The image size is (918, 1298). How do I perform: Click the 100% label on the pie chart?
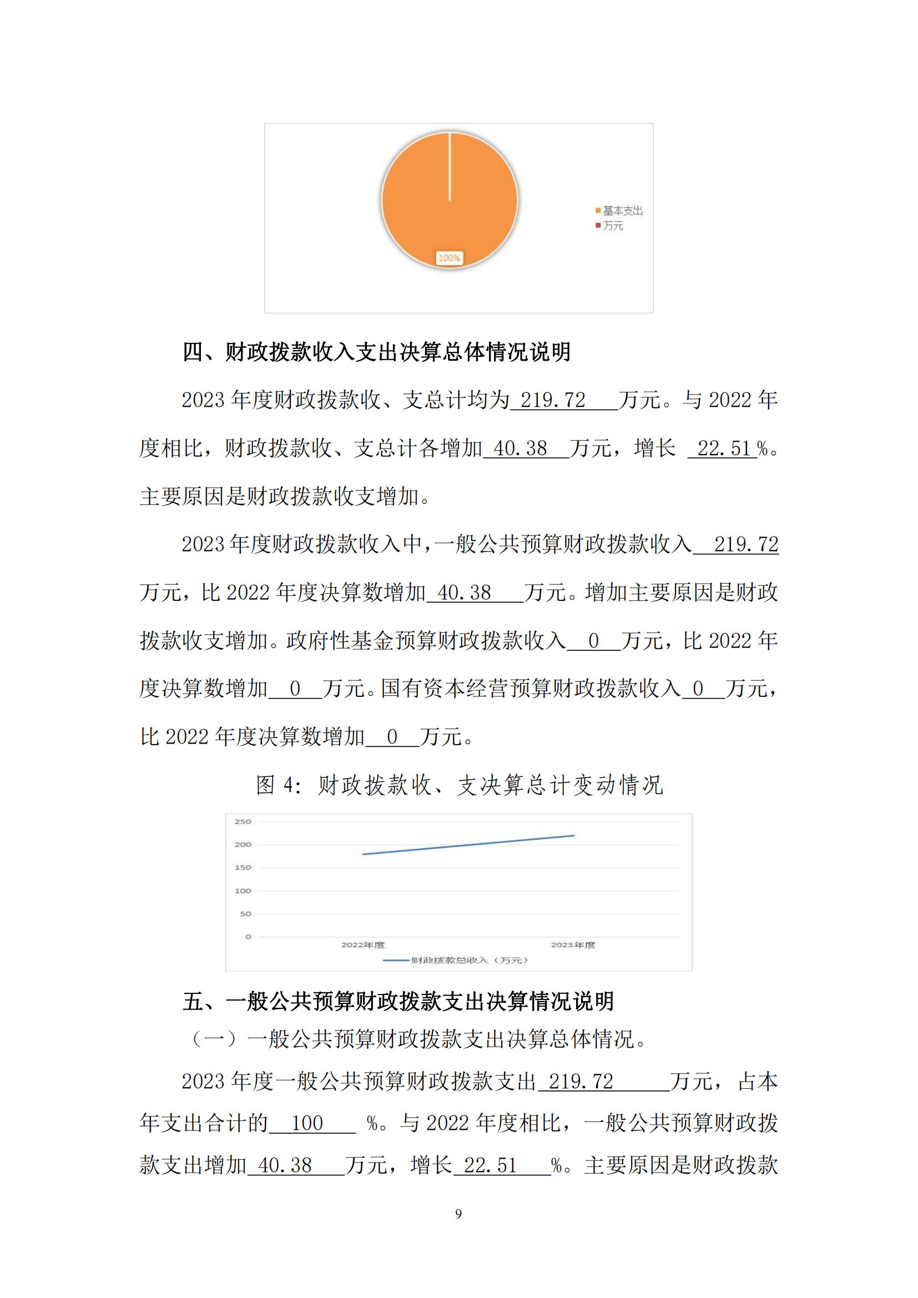click(449, 258)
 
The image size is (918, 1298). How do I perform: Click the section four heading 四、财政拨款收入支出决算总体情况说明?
click(376, 352)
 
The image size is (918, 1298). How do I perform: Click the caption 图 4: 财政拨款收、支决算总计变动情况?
click(459, 785)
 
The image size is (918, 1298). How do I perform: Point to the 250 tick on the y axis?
click(243, 821)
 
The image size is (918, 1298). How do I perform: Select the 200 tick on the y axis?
click(243, 845)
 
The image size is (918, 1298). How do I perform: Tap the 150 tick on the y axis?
click(243, 867)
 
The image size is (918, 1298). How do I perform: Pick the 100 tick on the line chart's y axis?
click(243, 890)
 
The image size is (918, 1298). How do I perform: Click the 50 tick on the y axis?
click(245, 913)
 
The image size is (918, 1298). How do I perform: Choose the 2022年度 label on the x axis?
click(363, 945)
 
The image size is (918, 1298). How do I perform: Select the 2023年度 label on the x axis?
click(573, 945)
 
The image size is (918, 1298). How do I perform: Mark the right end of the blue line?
click(574, 836)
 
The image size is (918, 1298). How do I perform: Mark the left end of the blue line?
click(364, 854)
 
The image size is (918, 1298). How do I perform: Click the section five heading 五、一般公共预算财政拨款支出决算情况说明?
click(398, 1001)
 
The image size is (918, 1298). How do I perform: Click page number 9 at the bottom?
click(458, 1214)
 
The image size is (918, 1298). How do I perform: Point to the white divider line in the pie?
click(450, 167)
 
